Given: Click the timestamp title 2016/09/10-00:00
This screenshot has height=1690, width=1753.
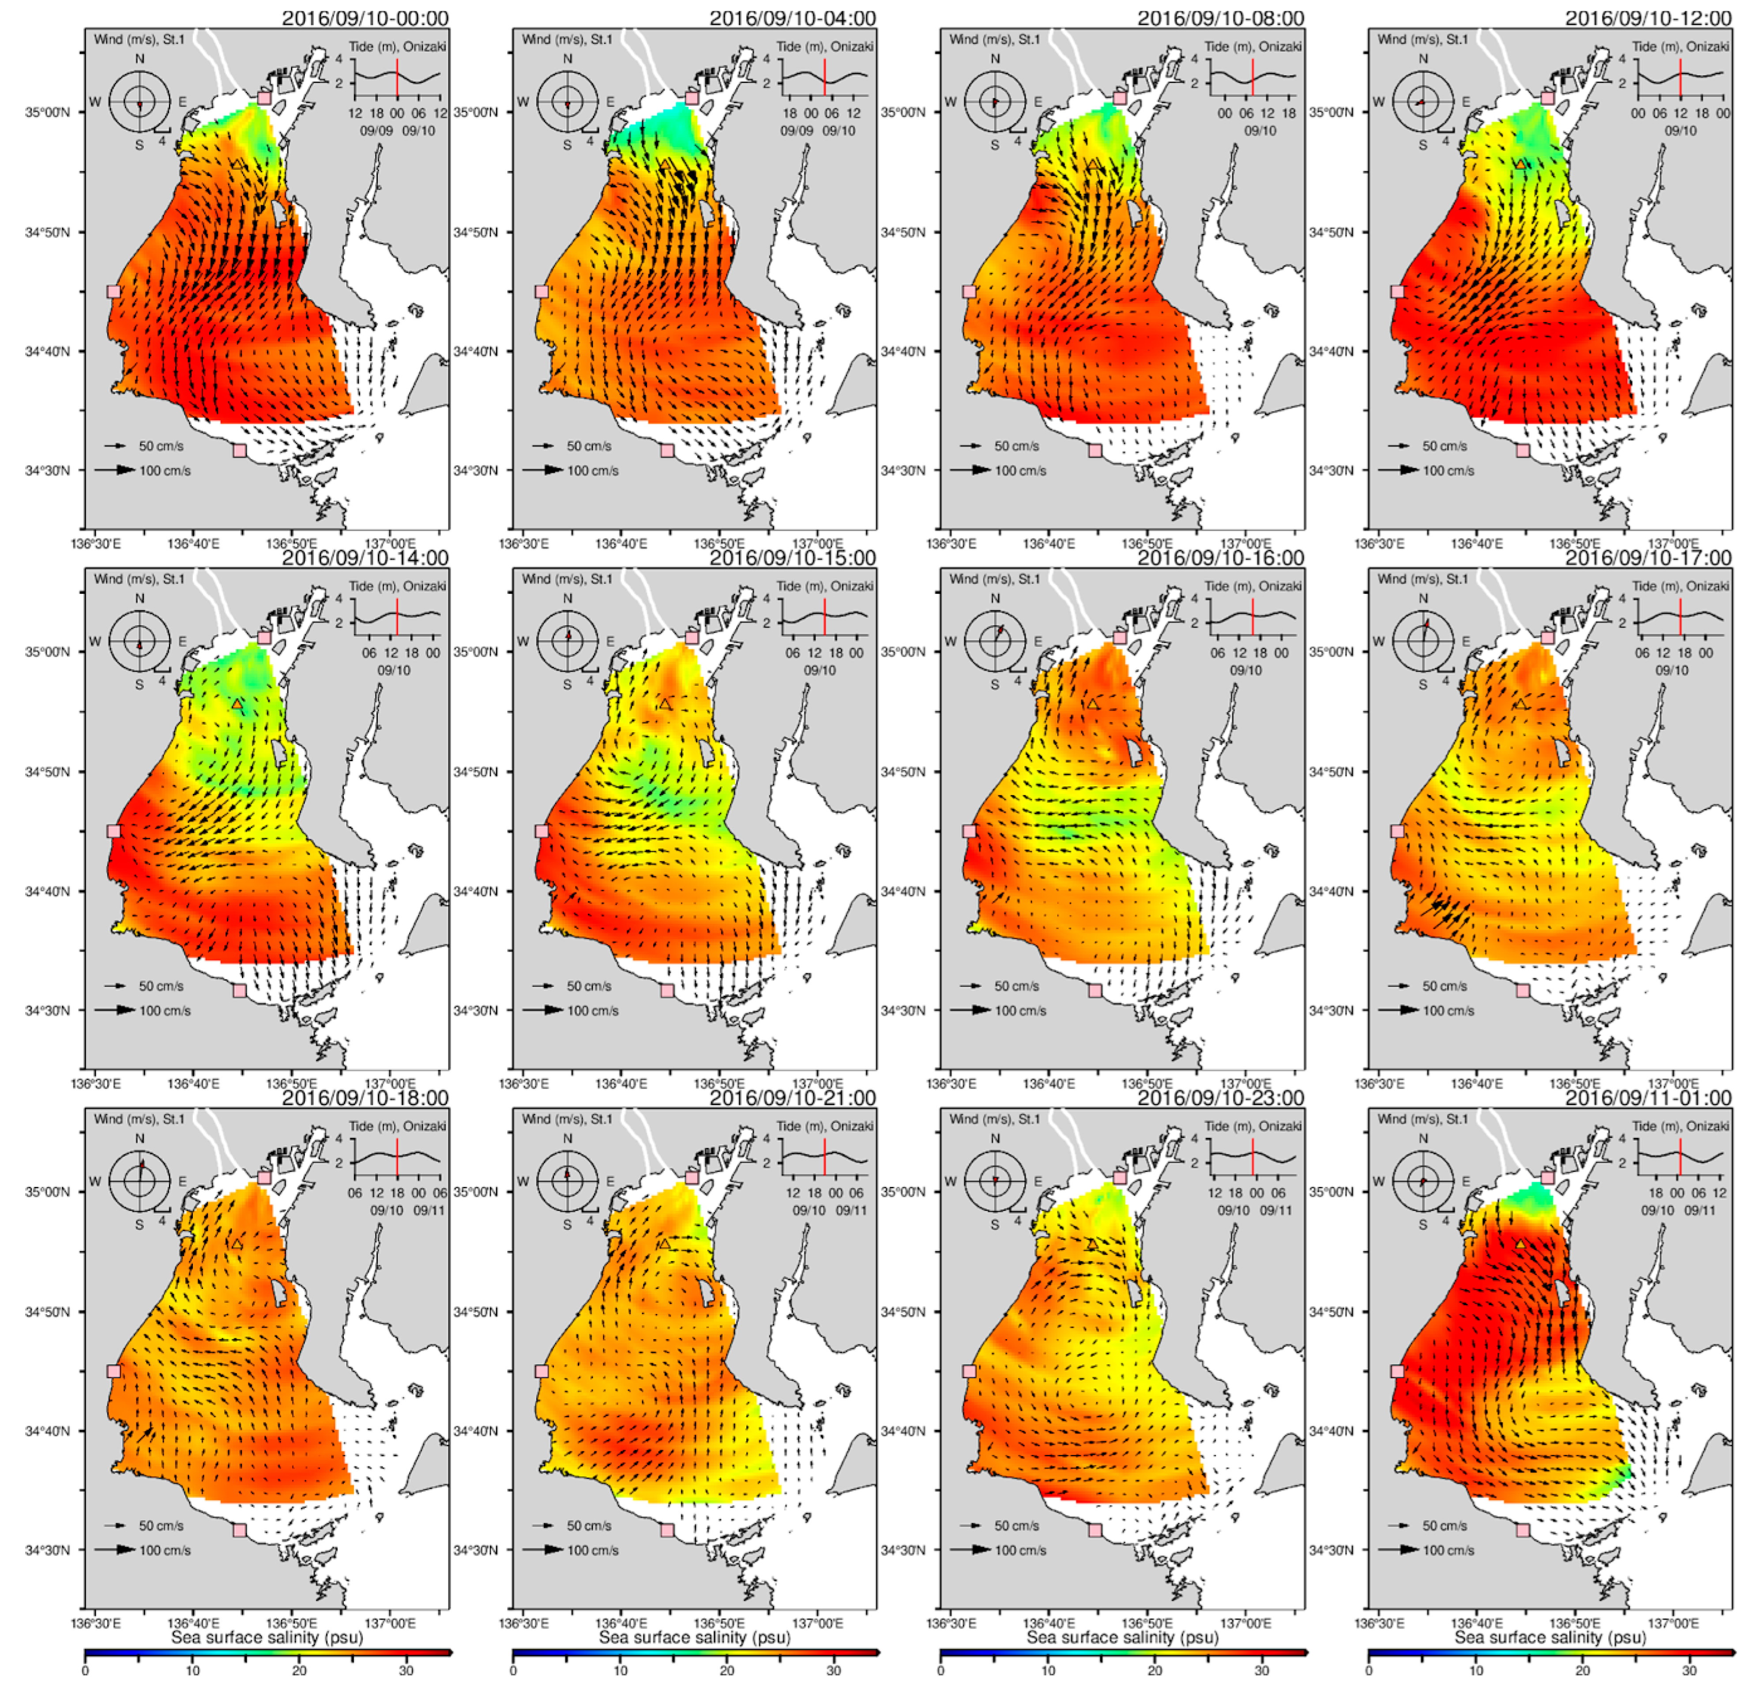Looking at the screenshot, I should click(365, 18).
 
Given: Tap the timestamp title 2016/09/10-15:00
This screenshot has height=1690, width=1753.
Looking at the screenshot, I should click(793, 558).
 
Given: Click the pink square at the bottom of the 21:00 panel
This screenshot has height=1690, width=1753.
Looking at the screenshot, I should click(667, 1530).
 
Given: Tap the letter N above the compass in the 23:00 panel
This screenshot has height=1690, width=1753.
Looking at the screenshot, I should click(996, 1138).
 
